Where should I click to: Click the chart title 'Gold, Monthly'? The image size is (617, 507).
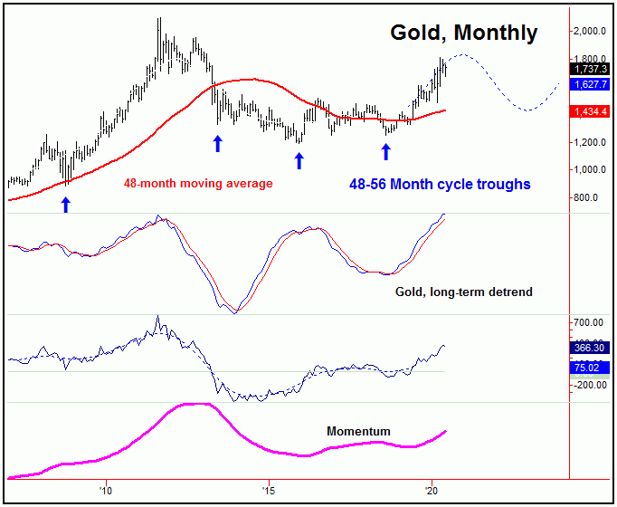(x=463, y=33)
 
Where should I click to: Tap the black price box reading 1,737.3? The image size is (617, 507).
(x=593, y=68)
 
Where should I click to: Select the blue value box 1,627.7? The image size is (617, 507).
(x=593, y=85)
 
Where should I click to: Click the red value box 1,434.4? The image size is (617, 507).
(x=593, y=111)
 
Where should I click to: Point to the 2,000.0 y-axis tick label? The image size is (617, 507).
(x=592, y=31)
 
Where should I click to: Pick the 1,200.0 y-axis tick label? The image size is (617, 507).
(x=592, y=142)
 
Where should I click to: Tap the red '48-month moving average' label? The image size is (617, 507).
(x=197, y=184)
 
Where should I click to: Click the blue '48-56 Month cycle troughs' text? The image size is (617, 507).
(x=440, y=184)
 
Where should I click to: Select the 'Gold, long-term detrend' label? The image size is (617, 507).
(x=463, y=292)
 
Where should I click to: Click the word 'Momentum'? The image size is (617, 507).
(x=358, y=432)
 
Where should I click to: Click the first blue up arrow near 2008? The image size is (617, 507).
(x=65, y=206)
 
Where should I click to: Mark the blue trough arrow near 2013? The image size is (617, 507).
(x=217, y=143)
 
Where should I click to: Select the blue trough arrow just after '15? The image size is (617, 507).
(x=299, y=160)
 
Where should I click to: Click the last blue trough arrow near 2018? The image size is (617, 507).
(x=386, y=151)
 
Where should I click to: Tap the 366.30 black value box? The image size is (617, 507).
(x=593, y=347)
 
